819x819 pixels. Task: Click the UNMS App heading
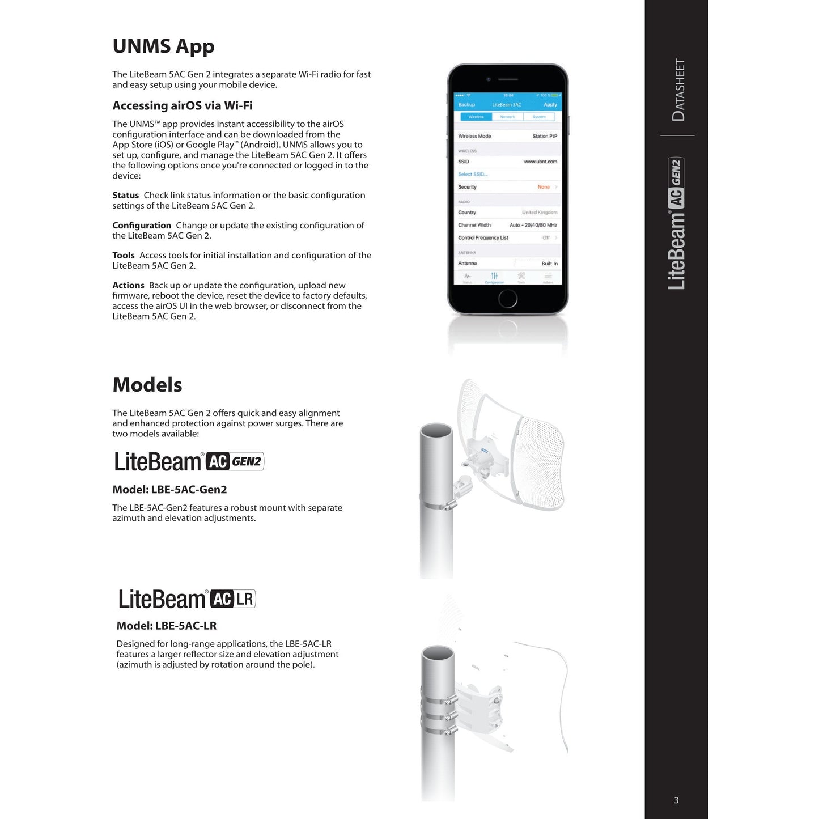163,46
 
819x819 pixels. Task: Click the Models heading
147,385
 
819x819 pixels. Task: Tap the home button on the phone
507,298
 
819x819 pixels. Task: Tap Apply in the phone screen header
550,105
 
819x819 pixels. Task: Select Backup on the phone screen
466,105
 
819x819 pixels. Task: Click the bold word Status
125,196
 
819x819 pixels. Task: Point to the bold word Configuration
142,226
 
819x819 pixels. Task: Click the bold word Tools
124,256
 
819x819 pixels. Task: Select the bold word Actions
128,286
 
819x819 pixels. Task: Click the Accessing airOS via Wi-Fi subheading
183,106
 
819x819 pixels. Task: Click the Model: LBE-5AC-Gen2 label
169,490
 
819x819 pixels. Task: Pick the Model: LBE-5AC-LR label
167,626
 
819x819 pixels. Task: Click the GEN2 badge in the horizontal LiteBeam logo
247,461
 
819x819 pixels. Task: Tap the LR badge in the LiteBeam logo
245,599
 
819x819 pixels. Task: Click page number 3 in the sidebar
676,800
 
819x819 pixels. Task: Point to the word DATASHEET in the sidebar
678,90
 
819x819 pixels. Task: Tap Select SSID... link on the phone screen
473,174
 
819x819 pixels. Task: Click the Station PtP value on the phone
544,136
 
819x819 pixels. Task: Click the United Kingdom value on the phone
539,213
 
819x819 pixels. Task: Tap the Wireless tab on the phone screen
476,117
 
